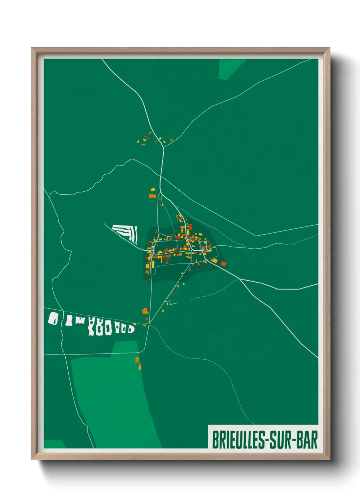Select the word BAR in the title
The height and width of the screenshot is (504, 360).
click(307, 440)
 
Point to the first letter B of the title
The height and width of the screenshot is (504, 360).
click(215, 440)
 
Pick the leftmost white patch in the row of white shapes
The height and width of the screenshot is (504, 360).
click(53, 318)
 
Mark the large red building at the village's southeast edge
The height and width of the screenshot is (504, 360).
click(224, 264)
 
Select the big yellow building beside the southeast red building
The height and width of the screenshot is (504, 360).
click(214, 261)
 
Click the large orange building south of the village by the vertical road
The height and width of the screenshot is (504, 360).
click(146, 311)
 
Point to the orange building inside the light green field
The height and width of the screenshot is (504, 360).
click(137, 360)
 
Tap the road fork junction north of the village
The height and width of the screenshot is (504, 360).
click(164, 147)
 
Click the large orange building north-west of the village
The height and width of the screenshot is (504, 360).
click(153, 190)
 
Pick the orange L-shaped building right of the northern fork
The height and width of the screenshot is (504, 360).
click(171, 140)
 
